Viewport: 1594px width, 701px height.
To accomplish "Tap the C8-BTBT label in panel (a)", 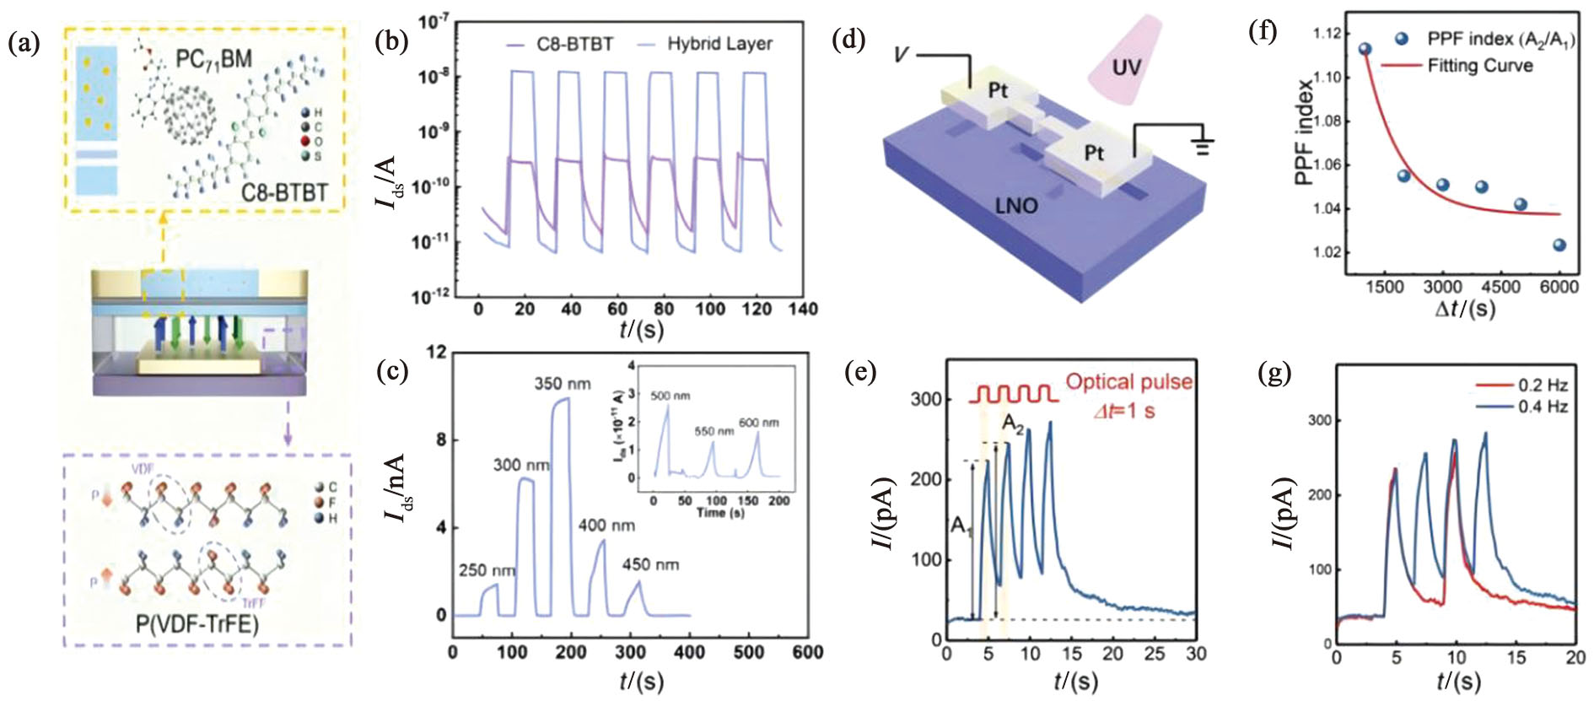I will pyautogui.click(x=284, y=193).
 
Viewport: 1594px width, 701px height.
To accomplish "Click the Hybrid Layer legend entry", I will pyautogui.click(x=719, y=44).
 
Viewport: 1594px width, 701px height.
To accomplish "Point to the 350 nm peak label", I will pyautogui.click(x=563, y=384).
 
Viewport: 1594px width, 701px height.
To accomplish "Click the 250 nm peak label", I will pyautogui.click(x=487, y=570).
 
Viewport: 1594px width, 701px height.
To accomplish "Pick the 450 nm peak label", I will pyautogui.click(x=650, y=564).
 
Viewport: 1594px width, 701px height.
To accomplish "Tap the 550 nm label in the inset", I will pyautogui.click(x=714, y=431).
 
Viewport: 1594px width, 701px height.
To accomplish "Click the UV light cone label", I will pyautogui.click(x=1126, y=67).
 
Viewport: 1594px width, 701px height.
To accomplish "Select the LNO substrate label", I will pyautogui.click(x=1016, y=205).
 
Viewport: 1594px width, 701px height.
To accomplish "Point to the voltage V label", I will pyautogui.click(x=901, y=55).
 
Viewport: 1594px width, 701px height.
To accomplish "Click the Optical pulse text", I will pyautogui.click(x=1128, y=382).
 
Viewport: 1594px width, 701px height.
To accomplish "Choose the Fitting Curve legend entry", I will pyautogui.click(x=1479, y=65).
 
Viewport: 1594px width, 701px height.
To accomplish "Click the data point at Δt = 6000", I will pyautogui.click(x=1559, y=245).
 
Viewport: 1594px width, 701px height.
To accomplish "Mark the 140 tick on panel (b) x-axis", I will pyautogui.click(x=803, y=309).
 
